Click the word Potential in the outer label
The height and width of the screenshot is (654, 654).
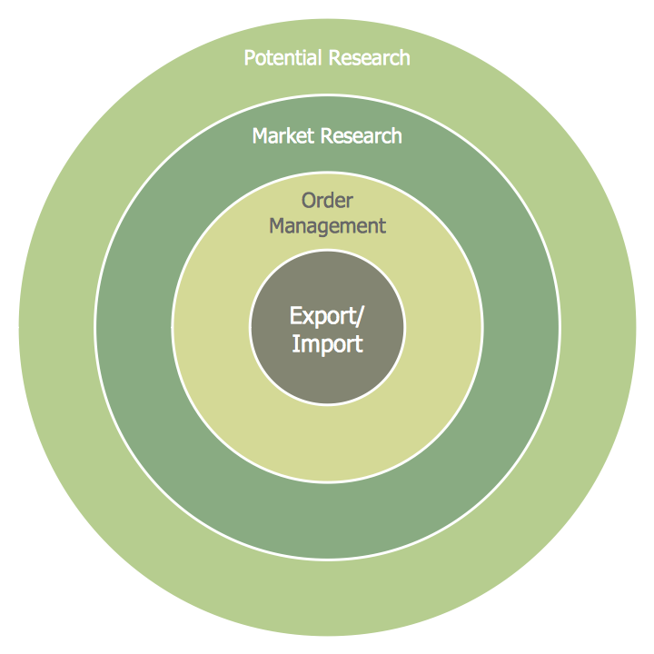[x=283, y=58]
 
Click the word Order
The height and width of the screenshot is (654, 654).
[x=327, y=200]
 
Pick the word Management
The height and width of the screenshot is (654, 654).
[x=327, y=225]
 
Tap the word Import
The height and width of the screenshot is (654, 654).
[x=327, y=344]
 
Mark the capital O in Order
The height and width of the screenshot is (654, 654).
[x=308, y=200]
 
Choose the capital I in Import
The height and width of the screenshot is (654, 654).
[x=294, y=344]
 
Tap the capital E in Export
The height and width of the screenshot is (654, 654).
[x=295, y=315]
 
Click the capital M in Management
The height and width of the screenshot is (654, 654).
[x=277, y=225]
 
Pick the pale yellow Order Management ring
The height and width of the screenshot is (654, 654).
[x=327, y=445]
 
